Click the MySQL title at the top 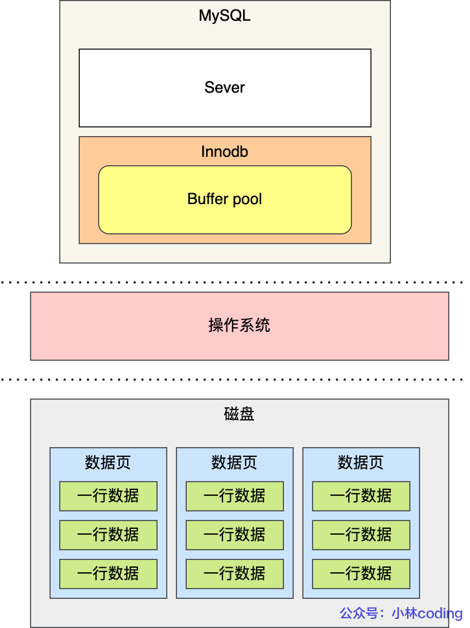click(224, 16)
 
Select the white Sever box click(224, 87)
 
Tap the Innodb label click(224, 152)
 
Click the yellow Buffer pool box click(224, 199)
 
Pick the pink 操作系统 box click(239, 325)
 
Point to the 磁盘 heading click(239, 414)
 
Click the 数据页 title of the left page click(108, 462)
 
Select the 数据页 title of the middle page click(234, 462)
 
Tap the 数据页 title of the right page click(360, 462)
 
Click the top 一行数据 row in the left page click(108, 496)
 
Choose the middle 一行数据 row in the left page click(108, 535)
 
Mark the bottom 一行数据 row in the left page click(108, 574)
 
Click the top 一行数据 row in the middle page click(234, 496)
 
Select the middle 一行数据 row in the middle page click(234, 535)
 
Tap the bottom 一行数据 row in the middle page click(234, 574)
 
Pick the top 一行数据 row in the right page click(360, 496)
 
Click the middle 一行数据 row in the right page click(360, 535)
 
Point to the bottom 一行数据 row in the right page click(360, 574)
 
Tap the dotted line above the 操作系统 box click(233, 283)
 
